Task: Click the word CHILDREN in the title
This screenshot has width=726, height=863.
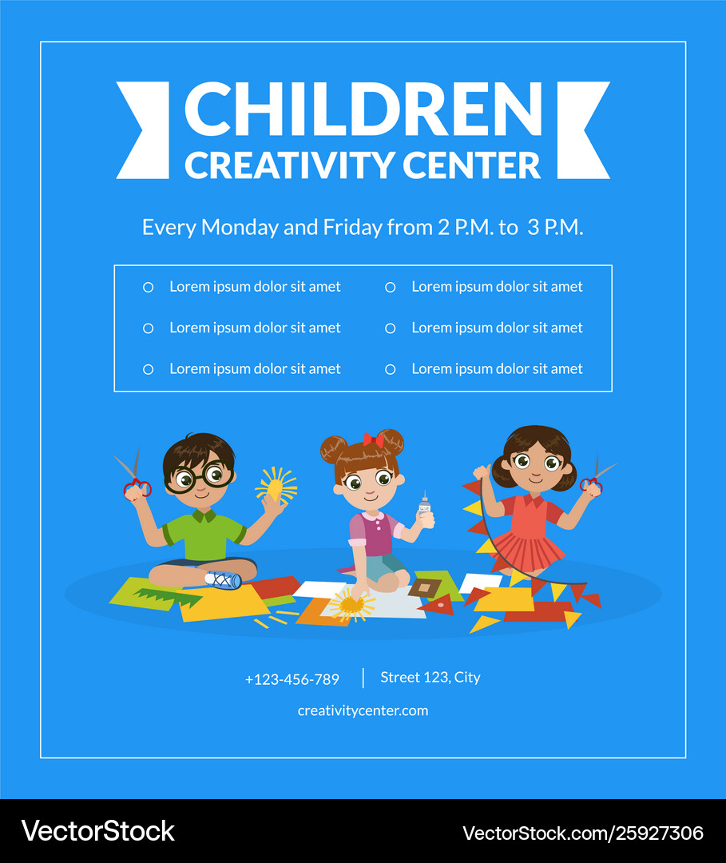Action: [363, 109]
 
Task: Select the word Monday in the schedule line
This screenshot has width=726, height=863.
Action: [238, 228]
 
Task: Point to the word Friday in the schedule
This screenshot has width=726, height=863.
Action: [352, 228]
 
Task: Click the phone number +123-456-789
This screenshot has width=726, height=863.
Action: [292, 680]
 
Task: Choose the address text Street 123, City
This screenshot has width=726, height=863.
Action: [430, 678]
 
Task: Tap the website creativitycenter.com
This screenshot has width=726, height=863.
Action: [363, 710]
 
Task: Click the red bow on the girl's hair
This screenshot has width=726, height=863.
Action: [373, 439]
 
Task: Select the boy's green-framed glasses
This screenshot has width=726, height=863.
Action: [199, 477]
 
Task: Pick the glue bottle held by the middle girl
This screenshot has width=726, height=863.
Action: [425, 507]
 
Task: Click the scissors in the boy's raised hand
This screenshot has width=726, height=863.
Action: [133, 476]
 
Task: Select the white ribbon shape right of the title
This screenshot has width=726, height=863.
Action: [584, 130]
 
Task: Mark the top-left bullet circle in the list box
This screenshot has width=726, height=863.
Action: [148, 288]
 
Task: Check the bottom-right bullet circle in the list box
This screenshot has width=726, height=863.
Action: [390, 369]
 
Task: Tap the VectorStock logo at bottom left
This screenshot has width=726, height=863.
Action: [97, 831]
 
